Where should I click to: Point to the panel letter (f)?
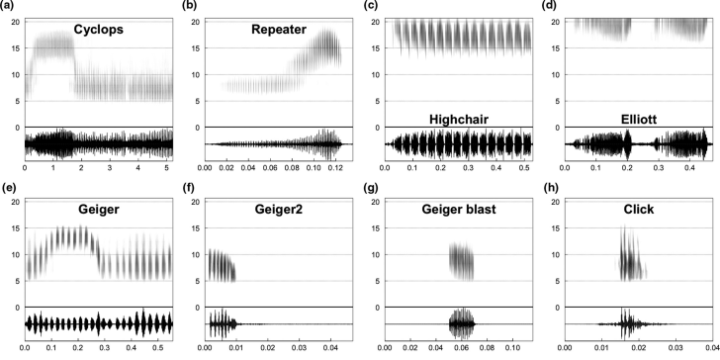point(188,188)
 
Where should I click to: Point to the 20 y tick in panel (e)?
point(15,202)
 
